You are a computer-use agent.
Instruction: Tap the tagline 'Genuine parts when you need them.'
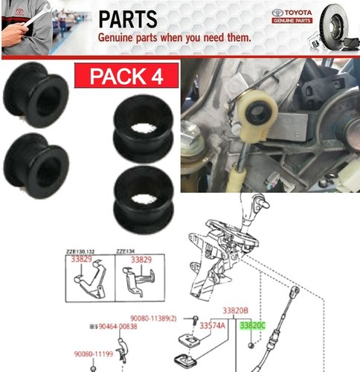pos(175,36)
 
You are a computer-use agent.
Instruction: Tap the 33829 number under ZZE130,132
pos(83,260)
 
